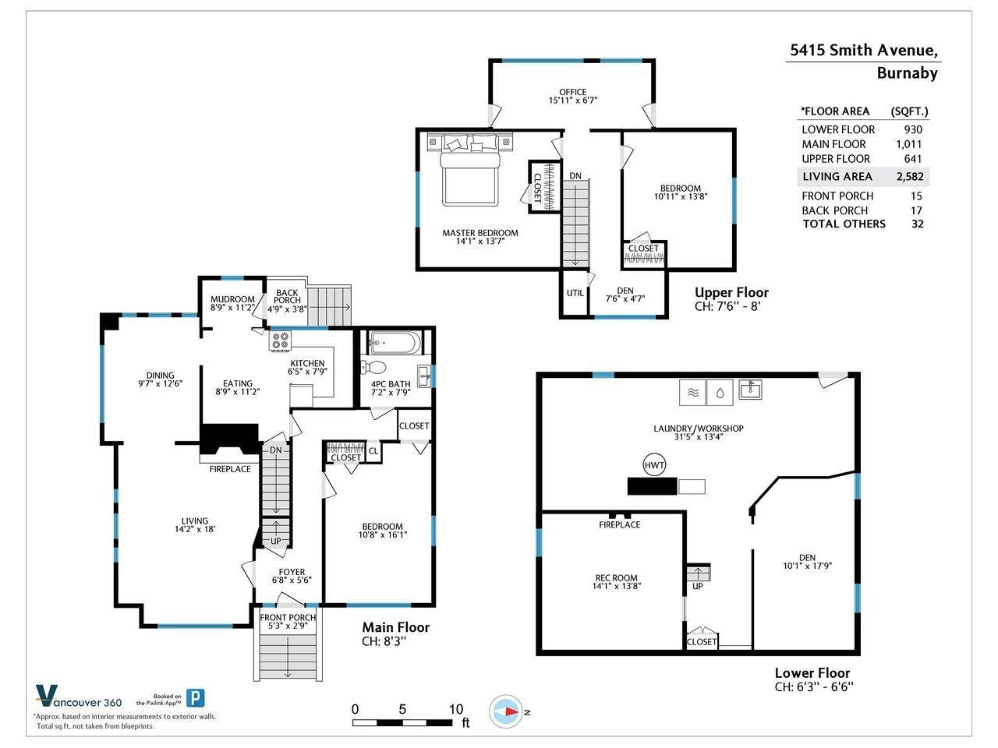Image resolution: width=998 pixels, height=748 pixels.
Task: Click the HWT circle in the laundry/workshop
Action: (654, 464)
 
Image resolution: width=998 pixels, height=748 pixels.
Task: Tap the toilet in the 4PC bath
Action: (373, 366)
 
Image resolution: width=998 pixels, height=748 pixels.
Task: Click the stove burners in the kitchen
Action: (280, 340)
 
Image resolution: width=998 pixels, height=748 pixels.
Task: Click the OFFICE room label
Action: (573, 92)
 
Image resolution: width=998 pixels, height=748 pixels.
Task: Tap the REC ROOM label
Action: (616, 577)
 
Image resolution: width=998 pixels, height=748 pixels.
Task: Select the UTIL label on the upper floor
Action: (575, 293)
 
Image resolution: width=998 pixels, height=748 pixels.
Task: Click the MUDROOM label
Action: (232, 299)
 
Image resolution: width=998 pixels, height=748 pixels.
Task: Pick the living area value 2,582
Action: (910, 176)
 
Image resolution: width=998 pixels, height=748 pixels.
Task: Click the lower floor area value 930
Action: (913, 129)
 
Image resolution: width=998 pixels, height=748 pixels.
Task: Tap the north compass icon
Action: (507, 711)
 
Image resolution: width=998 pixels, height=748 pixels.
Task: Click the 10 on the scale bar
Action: (456, 709)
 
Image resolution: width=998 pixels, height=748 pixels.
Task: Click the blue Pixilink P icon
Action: (196, 698)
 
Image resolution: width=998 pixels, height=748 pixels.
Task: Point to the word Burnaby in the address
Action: (907, 73)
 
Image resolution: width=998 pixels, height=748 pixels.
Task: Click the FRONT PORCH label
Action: (288, 618)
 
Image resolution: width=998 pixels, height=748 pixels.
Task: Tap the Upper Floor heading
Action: (731, 292)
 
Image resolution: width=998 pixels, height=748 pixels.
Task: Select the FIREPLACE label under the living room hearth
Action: (230, 469)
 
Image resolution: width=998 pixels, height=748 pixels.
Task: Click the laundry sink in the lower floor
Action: (750, 390)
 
